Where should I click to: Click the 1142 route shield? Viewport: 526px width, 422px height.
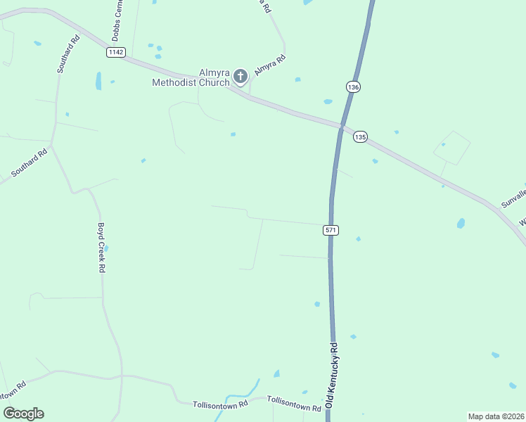click(x=116, y=52)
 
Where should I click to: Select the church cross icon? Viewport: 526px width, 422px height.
click(x=240, y=76)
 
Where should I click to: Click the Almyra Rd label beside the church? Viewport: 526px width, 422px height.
click(x=269, y=65)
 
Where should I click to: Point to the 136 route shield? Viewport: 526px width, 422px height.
click(x=353, y=87)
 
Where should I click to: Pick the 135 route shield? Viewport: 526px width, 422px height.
click(x=360, y=137)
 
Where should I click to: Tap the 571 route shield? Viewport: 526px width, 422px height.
click(x=331, y=230)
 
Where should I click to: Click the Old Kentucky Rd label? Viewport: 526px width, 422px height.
click(x=333, y=377)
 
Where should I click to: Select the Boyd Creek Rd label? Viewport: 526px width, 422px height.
click(x=101, y=248)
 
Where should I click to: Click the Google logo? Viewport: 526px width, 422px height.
click(x=23, y=414)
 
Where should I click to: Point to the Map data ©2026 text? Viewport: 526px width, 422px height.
click(x=495, y=416)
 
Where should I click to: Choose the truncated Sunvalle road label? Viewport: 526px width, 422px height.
click(x=513, y=194)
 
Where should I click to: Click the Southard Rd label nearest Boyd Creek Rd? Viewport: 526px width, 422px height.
click(x=30, y=162)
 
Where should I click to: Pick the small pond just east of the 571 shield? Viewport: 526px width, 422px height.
click(x=359, y=239)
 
